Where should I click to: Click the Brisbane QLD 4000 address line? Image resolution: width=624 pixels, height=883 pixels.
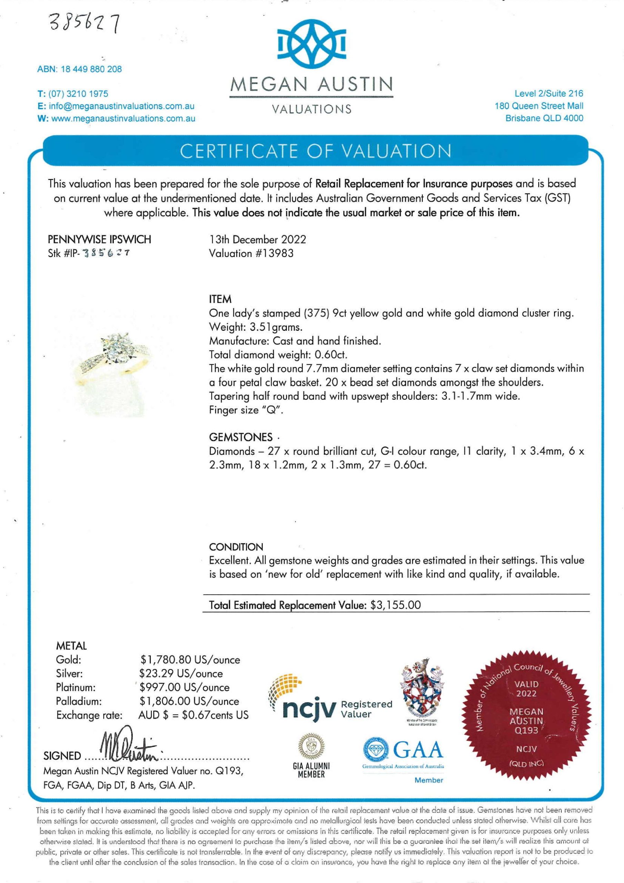pyautogui.click(x=544, y=118)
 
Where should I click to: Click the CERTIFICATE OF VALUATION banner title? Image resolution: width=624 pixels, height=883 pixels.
pyautogui.click(x=316, y=151)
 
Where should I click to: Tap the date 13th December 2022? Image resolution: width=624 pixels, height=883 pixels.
pyautogui.click(x=257, y=240)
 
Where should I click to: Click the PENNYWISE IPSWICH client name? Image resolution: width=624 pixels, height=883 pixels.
pyautogui.click(x=99, y=240)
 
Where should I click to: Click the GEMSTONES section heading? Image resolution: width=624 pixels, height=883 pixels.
pyautogui.click(x=240, y=437)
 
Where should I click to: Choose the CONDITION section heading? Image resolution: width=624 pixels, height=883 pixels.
pyautogui.click(x=236, y=547)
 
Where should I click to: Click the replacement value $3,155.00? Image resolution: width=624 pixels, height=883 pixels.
pyautogui.click(x=396, y=605)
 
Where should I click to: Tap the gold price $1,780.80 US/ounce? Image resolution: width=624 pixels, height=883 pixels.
pyautogui.click(x=190, y=660)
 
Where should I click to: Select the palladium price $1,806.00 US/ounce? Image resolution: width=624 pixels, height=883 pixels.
pyautogui.click(x=189, y=702)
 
